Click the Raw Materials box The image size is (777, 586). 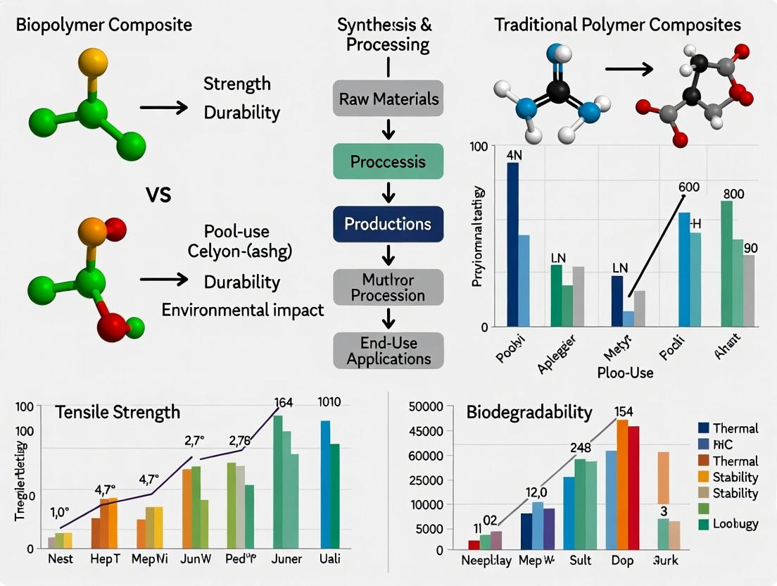coord(388,99)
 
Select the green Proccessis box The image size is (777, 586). coord(388,161)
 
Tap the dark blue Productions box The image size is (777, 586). coord(388,224)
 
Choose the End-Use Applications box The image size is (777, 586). coord(388,350)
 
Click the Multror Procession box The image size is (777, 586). coord(388,287)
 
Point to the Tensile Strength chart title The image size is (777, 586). coord(118,412)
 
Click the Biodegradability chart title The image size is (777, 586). coord(529,412)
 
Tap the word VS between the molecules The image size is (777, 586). coord(158,194)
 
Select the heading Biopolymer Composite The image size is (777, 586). coord(103,25)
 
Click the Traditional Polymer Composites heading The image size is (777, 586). coord(617,25)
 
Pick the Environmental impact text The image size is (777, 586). coord(243,310)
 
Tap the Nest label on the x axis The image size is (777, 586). coord(61,559)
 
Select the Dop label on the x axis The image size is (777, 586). coord(623,561)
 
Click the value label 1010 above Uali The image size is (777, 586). coord(329,403)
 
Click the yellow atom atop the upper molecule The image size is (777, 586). coord(92,63)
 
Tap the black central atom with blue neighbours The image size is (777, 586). coord(558,90)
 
